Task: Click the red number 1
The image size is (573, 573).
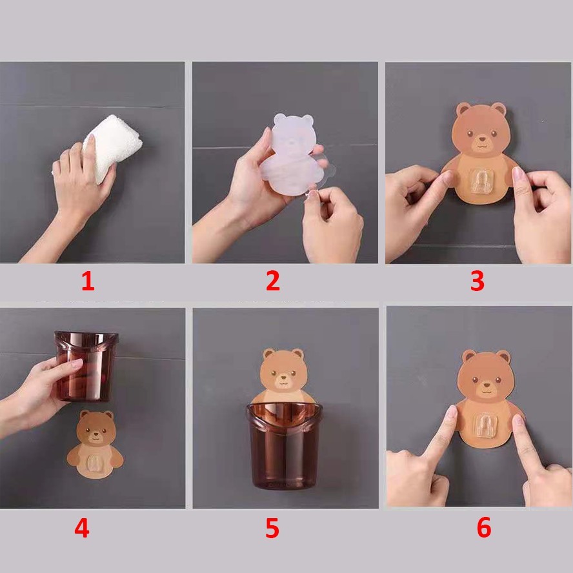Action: point(88,282)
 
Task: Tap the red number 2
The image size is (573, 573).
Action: point(273,281)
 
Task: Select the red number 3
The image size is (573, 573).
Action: point(477,281)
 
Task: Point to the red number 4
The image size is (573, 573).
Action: point(81,528)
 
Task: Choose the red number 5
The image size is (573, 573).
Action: point(272,528)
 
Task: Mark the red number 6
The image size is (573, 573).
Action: point(484,528)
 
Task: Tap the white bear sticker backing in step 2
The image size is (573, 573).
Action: point(292,154)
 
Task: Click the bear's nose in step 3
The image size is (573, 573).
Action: point(483,139)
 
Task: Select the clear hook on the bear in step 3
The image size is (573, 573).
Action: point(482,181)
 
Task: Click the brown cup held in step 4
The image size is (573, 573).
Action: point(86,366)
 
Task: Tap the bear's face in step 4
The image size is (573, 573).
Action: point(96,429)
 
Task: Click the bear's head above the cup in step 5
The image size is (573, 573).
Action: point(283,371)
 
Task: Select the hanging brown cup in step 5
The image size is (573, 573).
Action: point(284,446)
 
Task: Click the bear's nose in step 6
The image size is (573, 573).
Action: point(487,385)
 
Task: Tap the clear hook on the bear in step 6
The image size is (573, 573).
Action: point(486,426)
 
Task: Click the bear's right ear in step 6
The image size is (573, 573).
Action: point(503,357)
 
